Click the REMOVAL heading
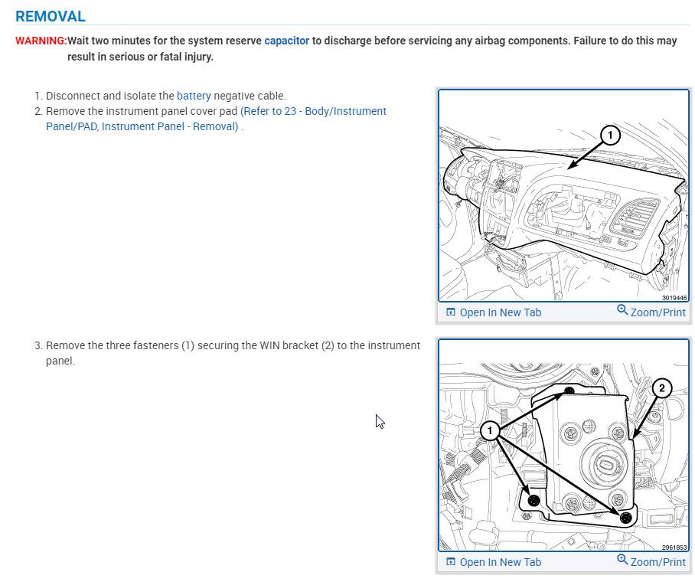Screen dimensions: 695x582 (51, 16)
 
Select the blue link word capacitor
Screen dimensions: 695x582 (287, 41)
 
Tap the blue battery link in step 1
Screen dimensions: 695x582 (194, 96)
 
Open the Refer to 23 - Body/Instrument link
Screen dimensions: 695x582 (313, 111)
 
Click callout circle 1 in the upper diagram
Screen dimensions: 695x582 (609, 136)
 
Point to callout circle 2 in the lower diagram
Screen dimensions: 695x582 (662, 388)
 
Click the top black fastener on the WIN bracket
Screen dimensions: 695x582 (569, 391)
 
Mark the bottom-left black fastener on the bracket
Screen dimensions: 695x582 (533, 500)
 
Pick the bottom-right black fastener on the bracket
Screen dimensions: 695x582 (625, 518)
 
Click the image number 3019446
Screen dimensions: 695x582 (674, 298)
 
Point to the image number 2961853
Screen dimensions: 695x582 (674, 548)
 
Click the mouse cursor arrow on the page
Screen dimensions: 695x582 (379, 420)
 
